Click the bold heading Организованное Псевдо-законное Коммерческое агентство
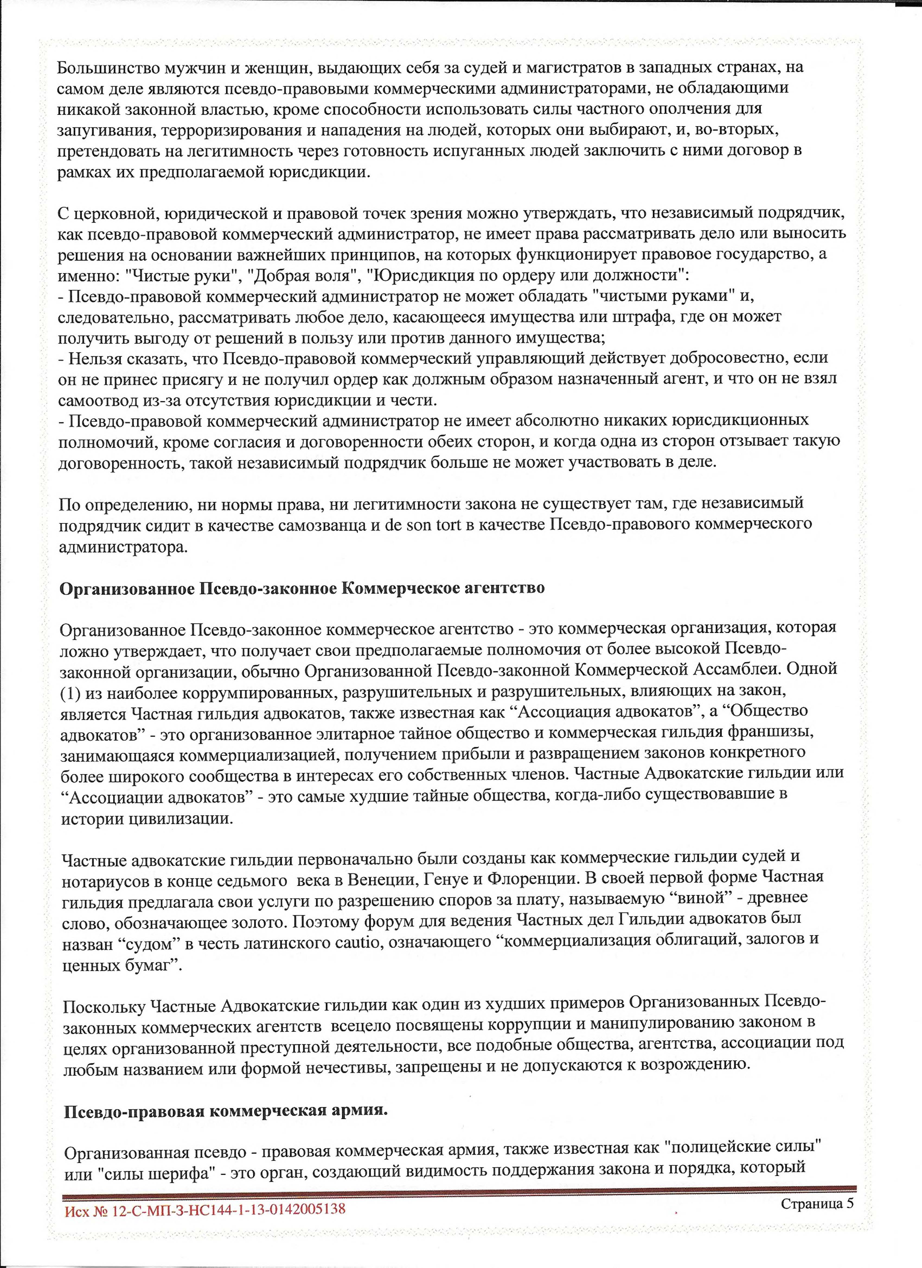[x=302, y=589]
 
